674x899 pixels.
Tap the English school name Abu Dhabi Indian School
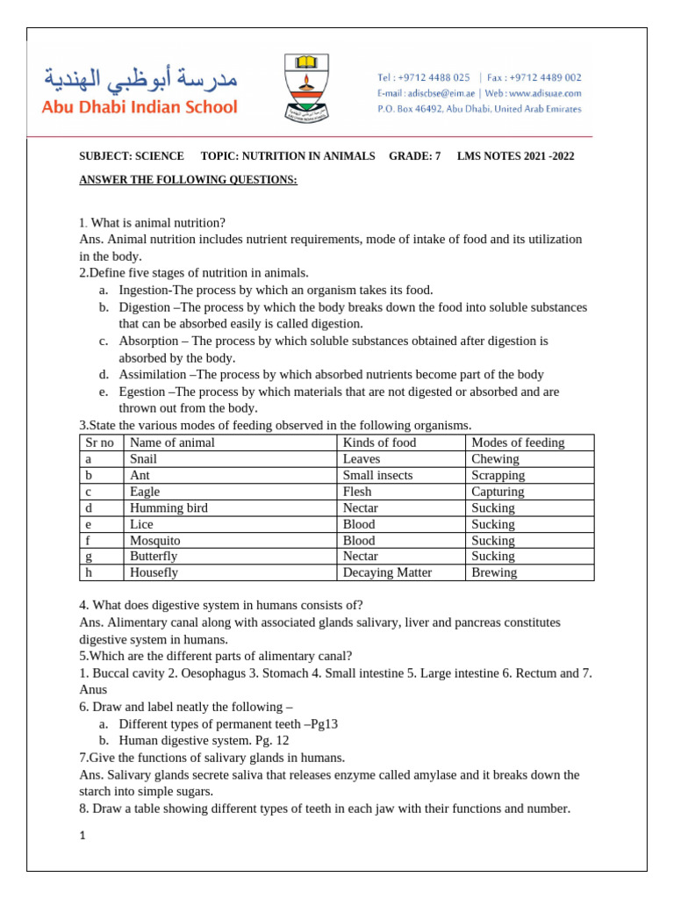coord(136,107)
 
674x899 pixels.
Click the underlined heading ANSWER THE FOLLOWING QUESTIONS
coord(188,180)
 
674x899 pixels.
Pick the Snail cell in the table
coord(143,459)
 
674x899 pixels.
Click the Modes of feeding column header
coord(518,442)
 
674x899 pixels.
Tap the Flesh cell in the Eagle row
coord(357,492)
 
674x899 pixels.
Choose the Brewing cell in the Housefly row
coord(494,572)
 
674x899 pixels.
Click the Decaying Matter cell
coord(387,572)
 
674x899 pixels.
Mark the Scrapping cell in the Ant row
coord(498,475)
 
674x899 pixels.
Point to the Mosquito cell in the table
coord(154,540)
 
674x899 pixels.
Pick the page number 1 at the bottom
coord(82,836)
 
